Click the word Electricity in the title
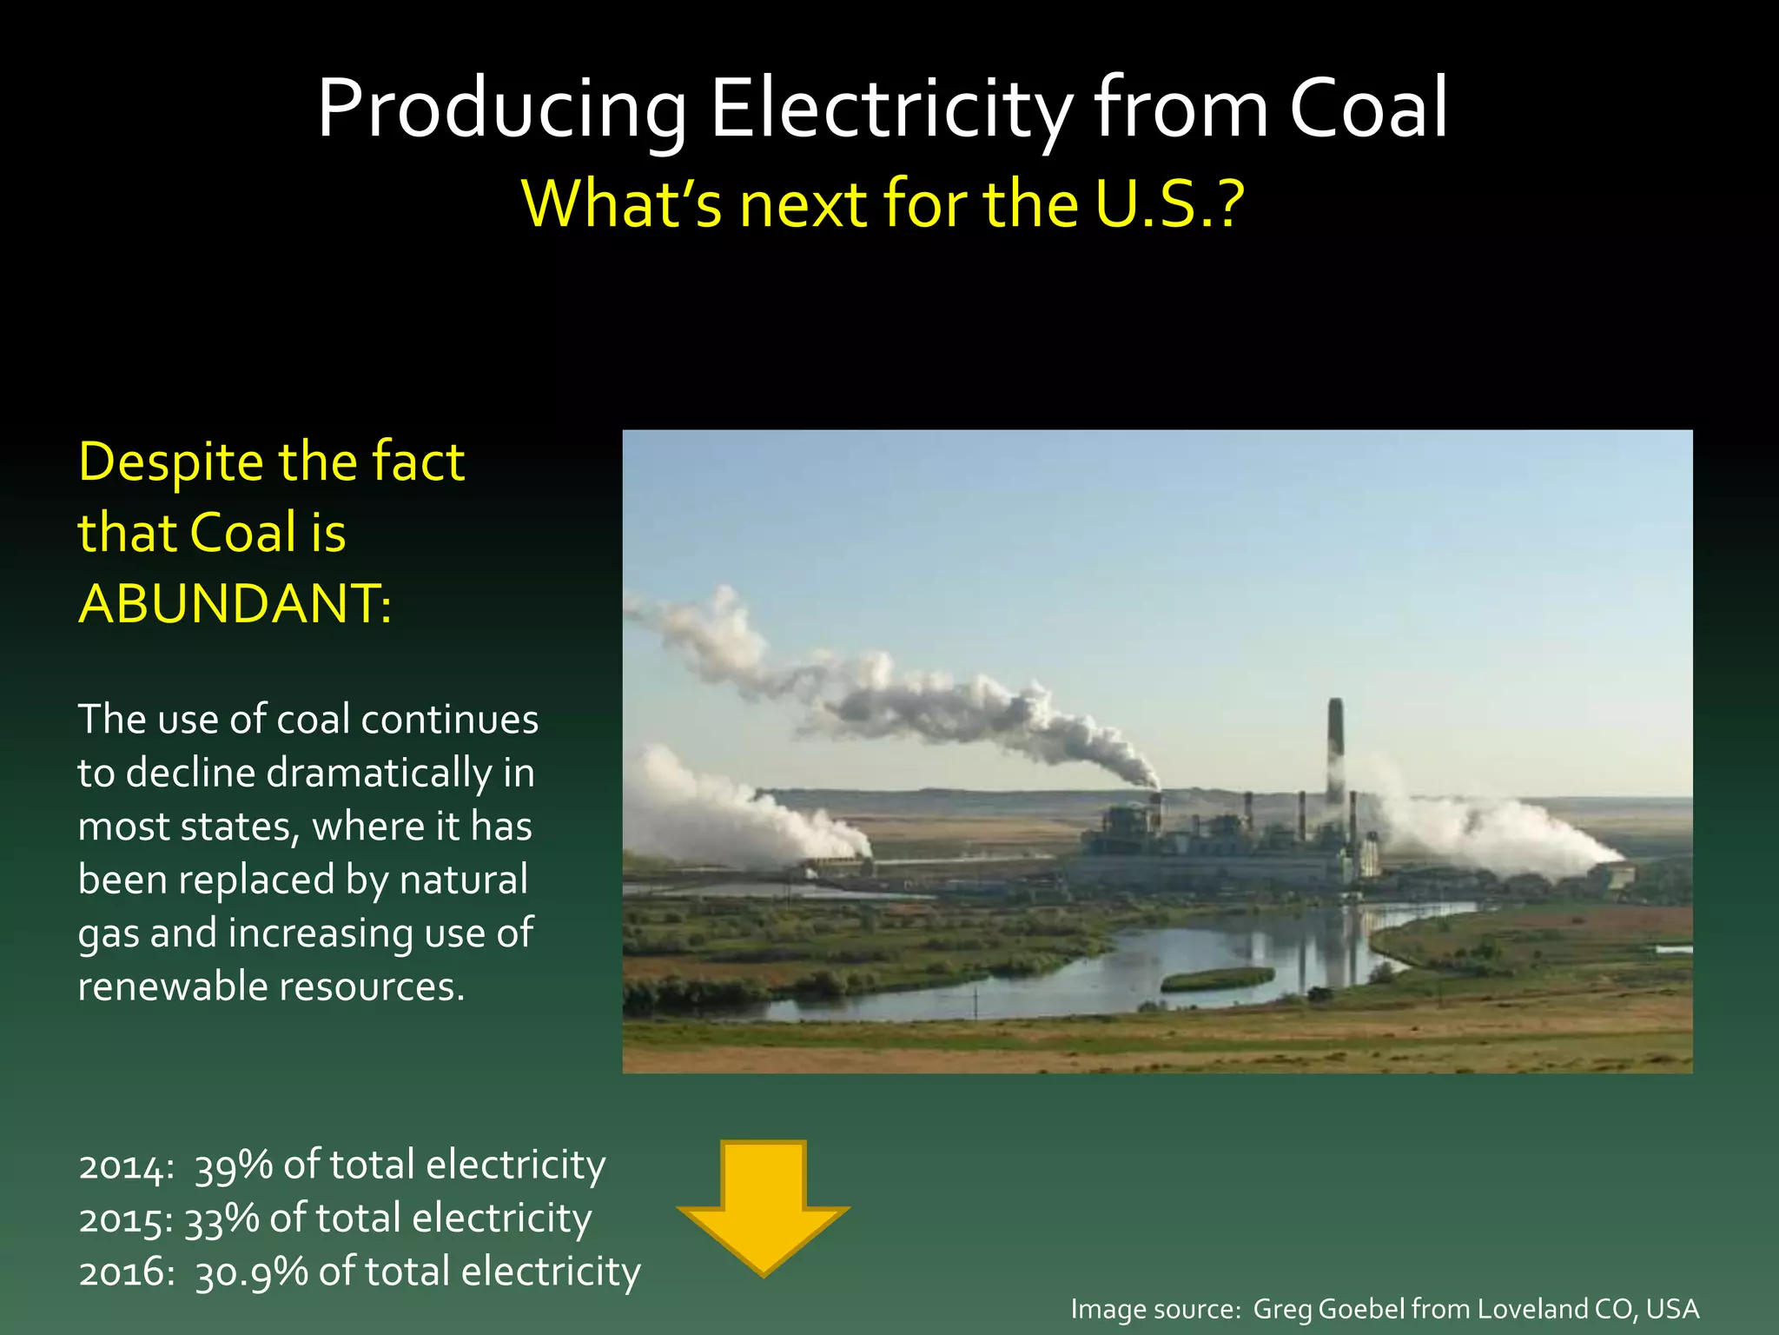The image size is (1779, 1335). pos(892,109)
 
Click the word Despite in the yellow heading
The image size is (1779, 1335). pos(170,463)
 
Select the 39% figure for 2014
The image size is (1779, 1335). pos(234,1166)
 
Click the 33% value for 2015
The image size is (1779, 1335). pos(222,1219)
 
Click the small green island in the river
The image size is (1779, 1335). pos(1217,980)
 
